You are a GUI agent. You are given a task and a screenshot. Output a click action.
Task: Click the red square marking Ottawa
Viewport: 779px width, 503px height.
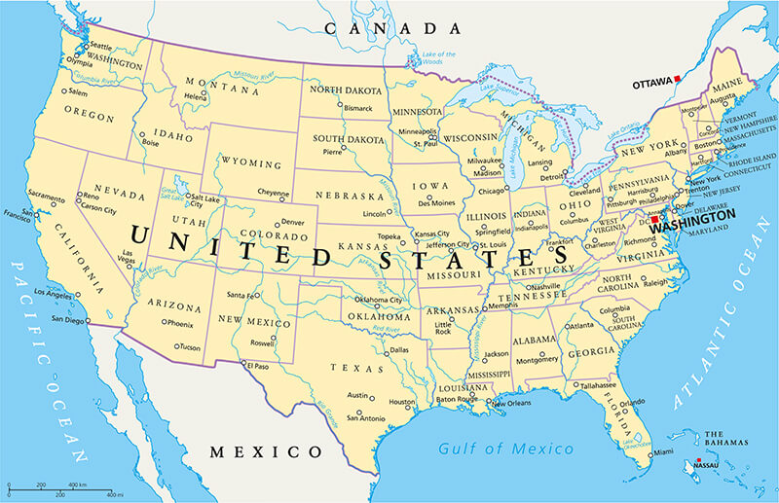(x=678, y=77)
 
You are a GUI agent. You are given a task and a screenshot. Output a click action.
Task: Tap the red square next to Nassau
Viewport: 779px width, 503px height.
(x=698, y=460)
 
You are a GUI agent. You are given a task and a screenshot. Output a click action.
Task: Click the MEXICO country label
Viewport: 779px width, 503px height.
(x=266, y=451)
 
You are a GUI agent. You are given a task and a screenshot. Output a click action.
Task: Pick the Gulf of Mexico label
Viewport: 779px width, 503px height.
(x=505, y=449)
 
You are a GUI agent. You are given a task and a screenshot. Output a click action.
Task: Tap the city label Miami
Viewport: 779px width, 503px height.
(x=663, y=453)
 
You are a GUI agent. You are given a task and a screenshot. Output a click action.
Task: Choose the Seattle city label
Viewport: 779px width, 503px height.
(x=100, y=46)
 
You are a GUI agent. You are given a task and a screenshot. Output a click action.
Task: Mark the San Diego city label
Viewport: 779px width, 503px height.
(x=68, y=319)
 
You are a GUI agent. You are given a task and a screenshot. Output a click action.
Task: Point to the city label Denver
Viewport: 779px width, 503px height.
(x=292, y=221)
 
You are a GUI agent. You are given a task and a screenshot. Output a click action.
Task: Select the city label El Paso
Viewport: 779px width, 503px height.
(x=257, y=366)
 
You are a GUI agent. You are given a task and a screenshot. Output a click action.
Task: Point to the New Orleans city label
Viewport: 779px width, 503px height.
(x=511, y=404)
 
